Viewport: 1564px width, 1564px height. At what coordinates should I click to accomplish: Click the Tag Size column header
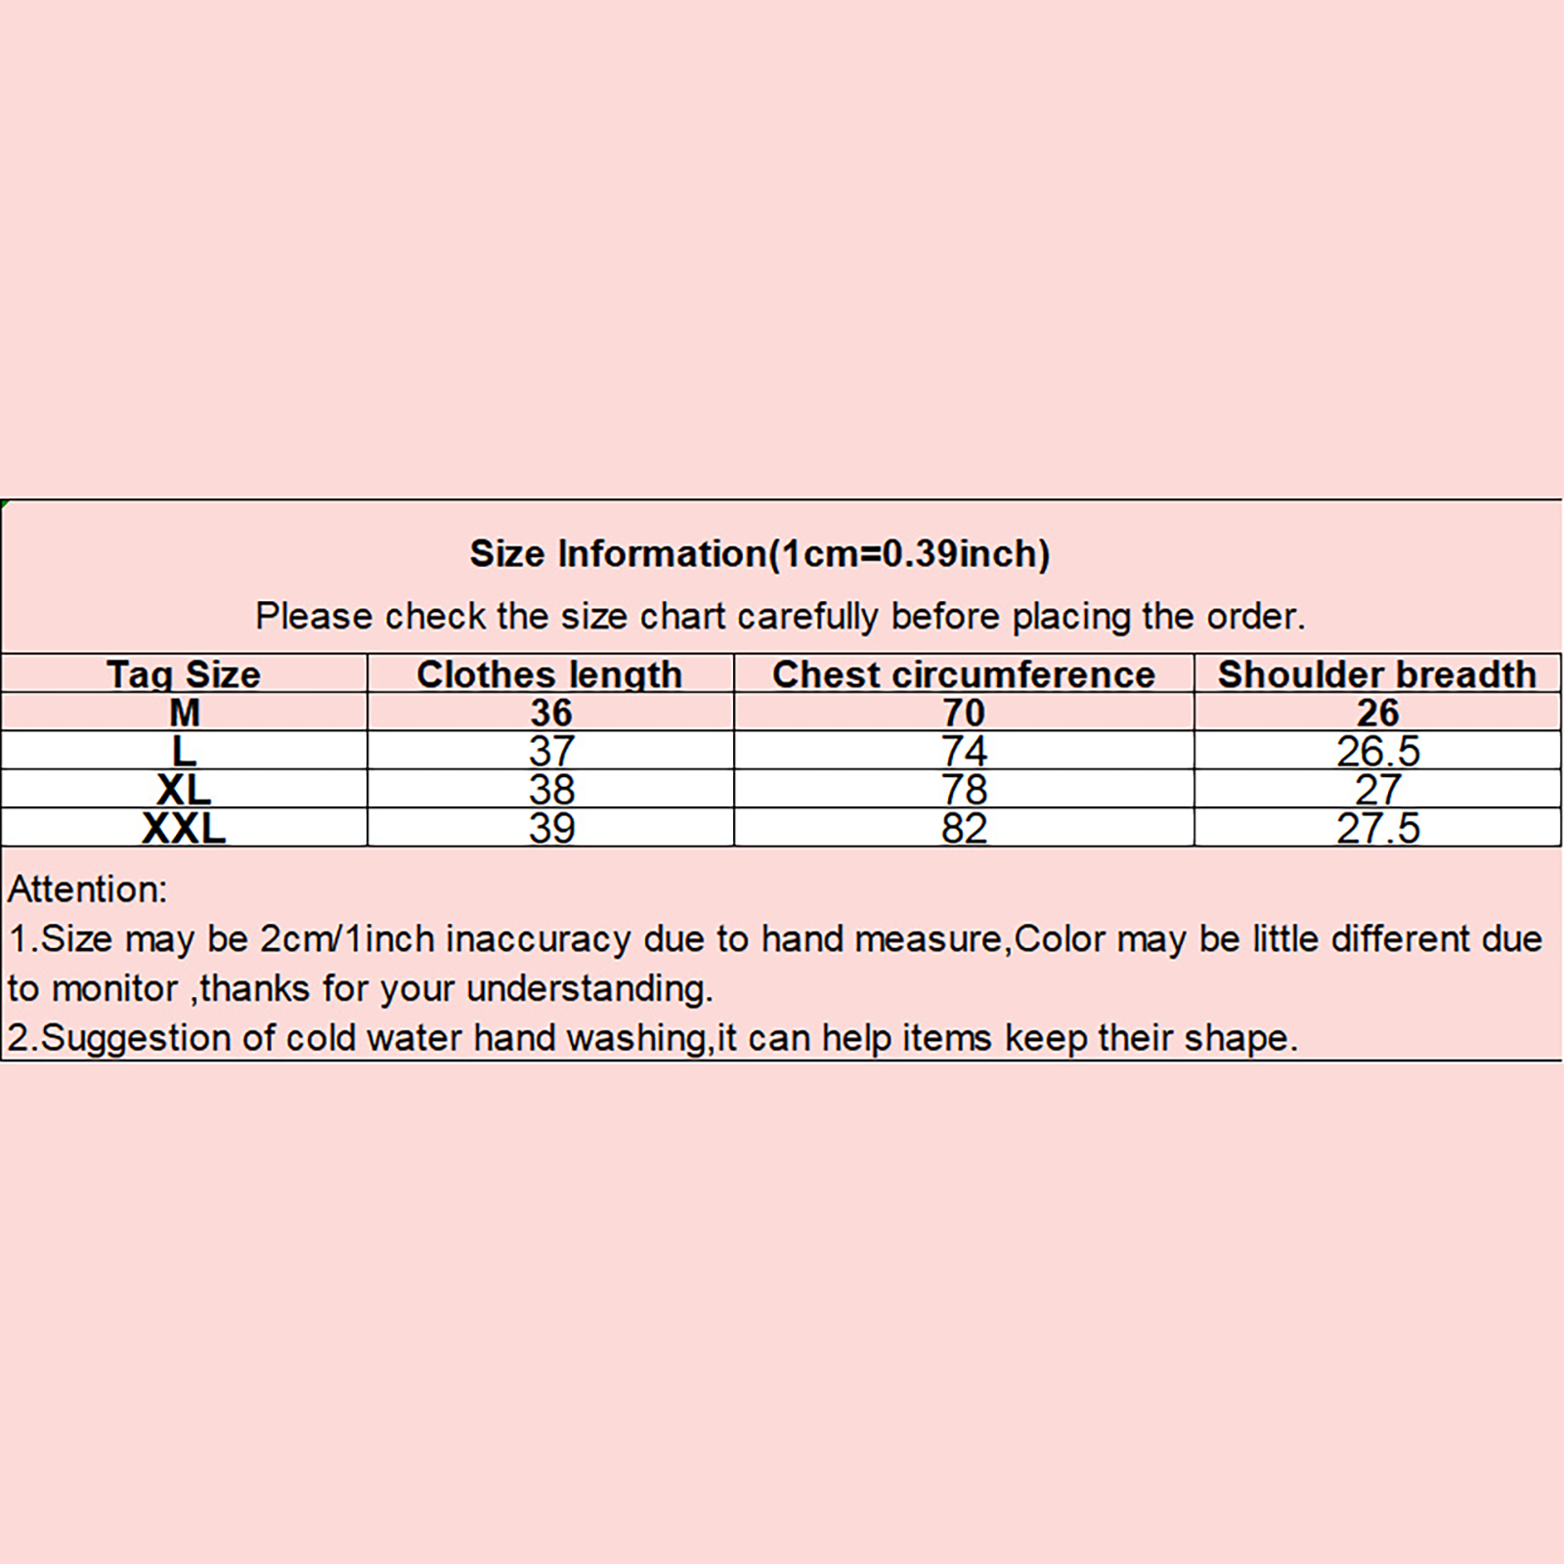tap(184, 674)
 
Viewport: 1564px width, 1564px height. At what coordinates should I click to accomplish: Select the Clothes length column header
tap(549, 674)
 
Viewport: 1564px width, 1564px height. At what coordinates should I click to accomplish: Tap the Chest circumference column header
tap(964, 674)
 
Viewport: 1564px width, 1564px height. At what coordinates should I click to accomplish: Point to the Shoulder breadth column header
tap(1377, 674)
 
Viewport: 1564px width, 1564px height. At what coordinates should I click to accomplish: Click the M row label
tap(185, 713)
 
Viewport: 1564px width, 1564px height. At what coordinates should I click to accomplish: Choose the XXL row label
tap(184, 828)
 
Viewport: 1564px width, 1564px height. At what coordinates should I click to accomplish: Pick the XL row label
tap(184, 790)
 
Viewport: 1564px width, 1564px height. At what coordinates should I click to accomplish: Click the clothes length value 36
tap(551, 713)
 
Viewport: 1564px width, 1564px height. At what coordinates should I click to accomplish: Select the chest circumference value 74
tap(965, 751)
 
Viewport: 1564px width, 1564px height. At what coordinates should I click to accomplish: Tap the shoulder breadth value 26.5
tap(1378, 751)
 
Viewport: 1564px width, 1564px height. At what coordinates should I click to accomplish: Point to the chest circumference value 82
tap(965, 828)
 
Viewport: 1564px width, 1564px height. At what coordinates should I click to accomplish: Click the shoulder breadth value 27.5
tap(1378, 828)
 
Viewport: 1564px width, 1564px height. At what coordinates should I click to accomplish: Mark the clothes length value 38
tap(552, 790)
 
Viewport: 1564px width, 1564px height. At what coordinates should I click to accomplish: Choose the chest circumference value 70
tap(964, 713)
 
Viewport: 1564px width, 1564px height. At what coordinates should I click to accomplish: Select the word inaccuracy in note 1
tap(539, 939)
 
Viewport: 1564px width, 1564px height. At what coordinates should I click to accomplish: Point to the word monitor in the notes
tap(114, 989)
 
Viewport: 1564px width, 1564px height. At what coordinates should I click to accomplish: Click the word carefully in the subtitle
tap(808, 617)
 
